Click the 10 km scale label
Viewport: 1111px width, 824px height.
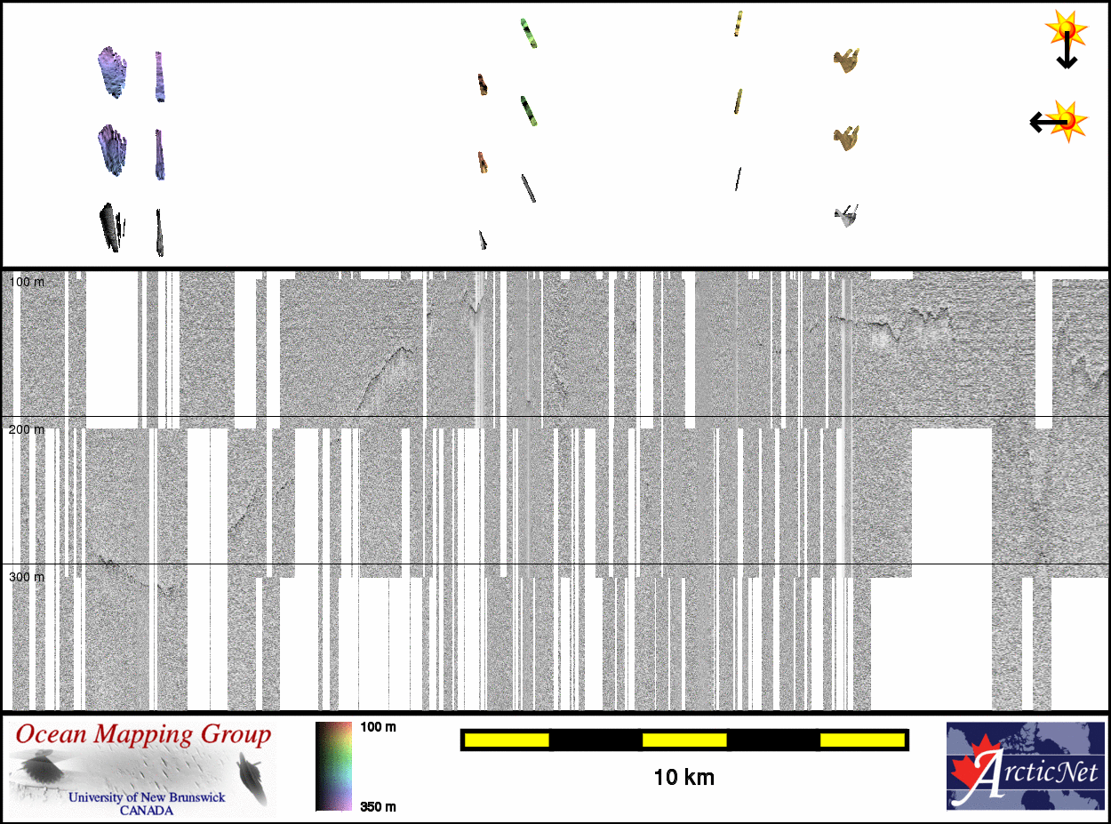[x=683, y=778]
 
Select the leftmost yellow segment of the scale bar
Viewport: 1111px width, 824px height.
[x=506, y=740]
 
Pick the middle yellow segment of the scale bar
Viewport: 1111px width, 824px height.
[x=683, y=740]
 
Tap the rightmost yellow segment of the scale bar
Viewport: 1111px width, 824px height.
[x=861, y=740]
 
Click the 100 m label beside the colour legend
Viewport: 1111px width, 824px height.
[x=378, y=727]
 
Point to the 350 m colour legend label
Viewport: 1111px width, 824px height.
[x=378, y=806]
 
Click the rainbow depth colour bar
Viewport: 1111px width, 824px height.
[x=333, y=765]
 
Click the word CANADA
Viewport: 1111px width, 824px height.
[x=147, y=810]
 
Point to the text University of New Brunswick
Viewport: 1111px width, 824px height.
[x=147, y=797]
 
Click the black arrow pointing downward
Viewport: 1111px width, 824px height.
[x=1067, y=53]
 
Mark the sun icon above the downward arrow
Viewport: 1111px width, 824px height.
[x=1067, y=28]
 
